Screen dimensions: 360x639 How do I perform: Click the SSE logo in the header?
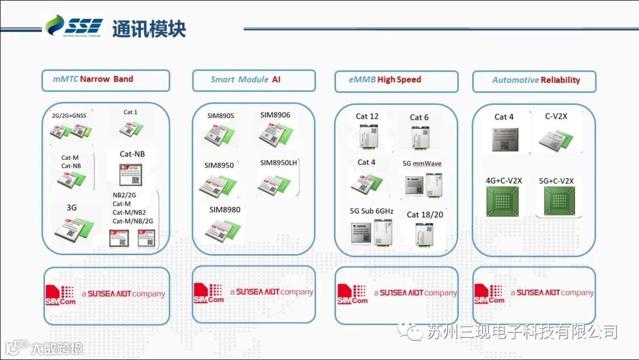75,27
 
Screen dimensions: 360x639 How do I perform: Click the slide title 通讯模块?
149,28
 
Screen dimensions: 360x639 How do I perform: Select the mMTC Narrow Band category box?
105,80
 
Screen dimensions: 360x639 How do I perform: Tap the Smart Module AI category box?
253,80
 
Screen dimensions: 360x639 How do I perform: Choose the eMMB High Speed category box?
396,81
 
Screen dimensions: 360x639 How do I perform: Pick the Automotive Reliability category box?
534,81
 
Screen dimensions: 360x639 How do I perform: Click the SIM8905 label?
221,116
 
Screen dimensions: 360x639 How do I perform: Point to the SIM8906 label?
275,115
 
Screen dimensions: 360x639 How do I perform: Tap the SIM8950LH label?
278,162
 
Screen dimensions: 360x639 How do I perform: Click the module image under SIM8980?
224,230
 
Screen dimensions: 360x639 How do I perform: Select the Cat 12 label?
367,116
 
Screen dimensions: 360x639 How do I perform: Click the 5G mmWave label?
422,163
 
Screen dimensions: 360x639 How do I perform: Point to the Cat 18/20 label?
425,214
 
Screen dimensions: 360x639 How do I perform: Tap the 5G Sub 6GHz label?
372,211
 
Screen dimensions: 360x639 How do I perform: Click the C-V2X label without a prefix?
556,117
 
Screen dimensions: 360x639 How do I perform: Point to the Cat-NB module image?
132,174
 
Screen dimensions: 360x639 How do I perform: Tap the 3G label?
72,207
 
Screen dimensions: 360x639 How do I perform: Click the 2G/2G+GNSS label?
69,115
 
